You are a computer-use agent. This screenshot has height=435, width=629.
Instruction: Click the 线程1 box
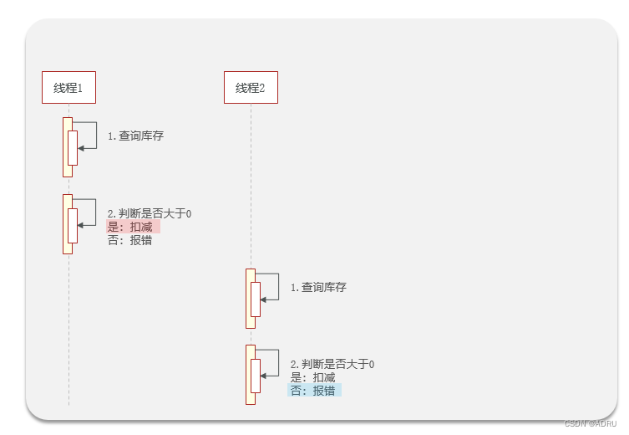pos(68,87)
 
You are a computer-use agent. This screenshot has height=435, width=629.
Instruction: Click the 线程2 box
pos(251,87)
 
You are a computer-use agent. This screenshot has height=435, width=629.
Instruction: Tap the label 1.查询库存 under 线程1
pos(135,136)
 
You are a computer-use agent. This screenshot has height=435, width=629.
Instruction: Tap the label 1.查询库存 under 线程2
pos(318,287)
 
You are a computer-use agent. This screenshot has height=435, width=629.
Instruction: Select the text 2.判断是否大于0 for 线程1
pos(150,214)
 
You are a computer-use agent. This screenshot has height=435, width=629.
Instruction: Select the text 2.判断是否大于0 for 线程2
pos(332,365)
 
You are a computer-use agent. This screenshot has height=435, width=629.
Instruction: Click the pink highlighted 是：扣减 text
pos(133,227)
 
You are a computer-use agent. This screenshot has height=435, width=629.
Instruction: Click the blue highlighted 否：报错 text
pos(314,391)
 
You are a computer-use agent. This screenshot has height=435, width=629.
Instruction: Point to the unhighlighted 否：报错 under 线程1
pos(130,240)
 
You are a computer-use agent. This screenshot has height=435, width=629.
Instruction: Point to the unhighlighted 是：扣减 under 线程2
pos(312,377)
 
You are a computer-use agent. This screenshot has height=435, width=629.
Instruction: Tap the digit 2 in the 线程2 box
pos(262,88)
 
